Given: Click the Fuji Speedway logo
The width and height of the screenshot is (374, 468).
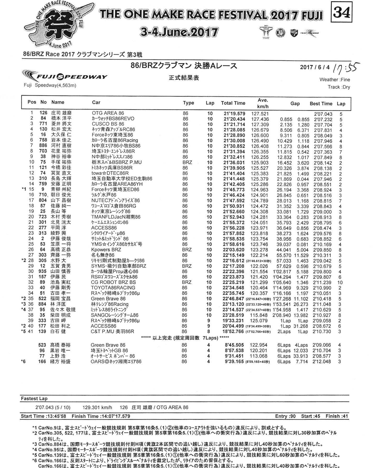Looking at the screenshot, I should [x=65, y=76].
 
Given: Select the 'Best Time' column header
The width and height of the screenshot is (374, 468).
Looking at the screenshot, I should [x=321, y=104].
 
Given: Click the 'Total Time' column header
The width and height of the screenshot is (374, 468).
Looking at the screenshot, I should [x=233, y=103].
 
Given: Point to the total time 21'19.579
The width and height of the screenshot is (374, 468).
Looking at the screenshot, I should [x=234, y=114].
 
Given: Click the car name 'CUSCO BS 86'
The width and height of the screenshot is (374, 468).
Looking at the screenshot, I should [x=108, y=124].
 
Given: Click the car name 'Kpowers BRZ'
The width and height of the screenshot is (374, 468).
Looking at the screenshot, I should [x=106, y=250].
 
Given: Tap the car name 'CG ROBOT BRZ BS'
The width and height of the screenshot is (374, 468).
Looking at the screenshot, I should [x=113, y=282].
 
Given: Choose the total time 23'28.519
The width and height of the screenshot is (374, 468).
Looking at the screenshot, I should [x=234, y=315].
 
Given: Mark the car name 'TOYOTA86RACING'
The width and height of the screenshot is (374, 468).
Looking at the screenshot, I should [x=111, y=288].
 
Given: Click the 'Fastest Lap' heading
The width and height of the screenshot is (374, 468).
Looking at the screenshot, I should [x=34, y=399].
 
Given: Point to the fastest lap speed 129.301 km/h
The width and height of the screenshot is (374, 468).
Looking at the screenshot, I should [x=97, y=407].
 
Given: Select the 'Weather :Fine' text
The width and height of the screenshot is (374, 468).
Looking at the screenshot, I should [x=334, y=80].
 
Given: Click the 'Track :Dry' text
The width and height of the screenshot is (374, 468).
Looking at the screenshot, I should [x=339, y=87].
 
